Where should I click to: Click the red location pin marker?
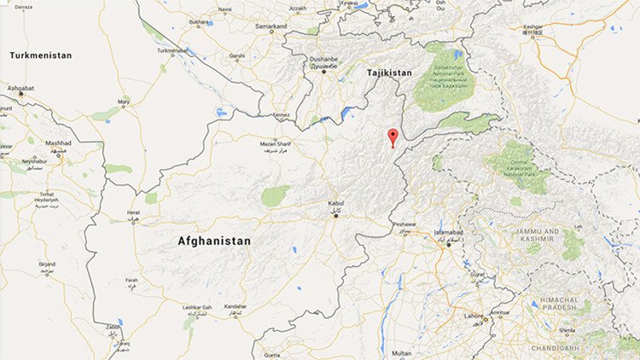click(x=393, y=136)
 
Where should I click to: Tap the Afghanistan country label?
click(x=214, y=241)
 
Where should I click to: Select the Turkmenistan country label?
click(x=41, y=55)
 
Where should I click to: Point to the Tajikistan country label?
click(x=389, y=73)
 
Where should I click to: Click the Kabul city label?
click(x=336, y=203)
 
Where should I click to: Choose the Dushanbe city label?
click(x=324, y=61)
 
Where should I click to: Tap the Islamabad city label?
click(x=443, y=232)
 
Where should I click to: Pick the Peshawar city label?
click(x=404, y=224)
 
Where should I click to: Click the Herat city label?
click(x=132, y=213)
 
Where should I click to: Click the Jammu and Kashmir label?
click(x=539, y=235)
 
